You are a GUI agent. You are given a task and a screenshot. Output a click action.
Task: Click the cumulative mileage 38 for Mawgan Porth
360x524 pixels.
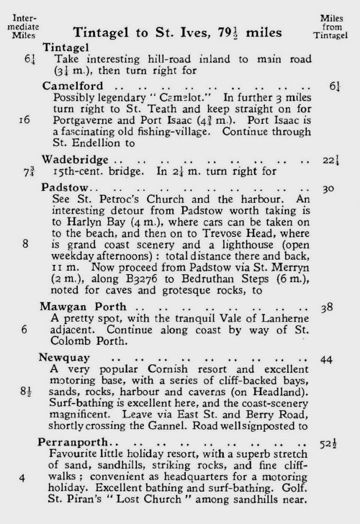click(x=330, y=306)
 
